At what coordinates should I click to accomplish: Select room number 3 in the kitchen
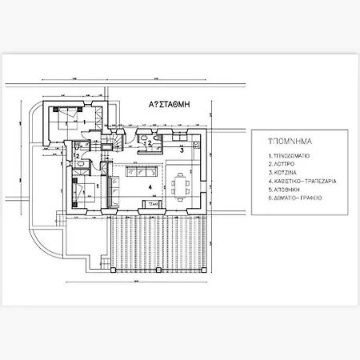pyautogui.click(x=182, y=150)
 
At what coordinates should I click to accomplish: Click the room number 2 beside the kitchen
pyautogui.click(x=149, y=142)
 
